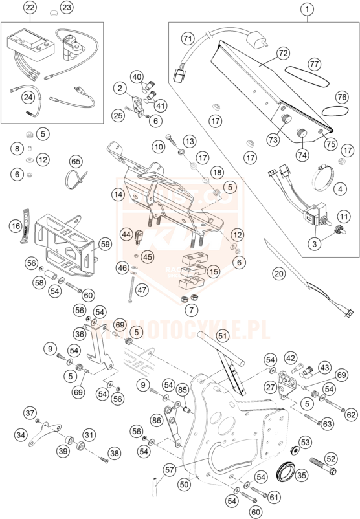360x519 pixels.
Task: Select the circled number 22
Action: tap(29, 8)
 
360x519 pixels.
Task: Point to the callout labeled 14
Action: tap(118, 193)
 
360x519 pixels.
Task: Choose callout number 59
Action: tap(105, 245)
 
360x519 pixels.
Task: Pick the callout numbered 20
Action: tap(279, 273)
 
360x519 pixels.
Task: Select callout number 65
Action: tap(76, 160)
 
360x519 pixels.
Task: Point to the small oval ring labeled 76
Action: tap(332, 111)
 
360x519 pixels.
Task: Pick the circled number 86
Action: tap(156, 420)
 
